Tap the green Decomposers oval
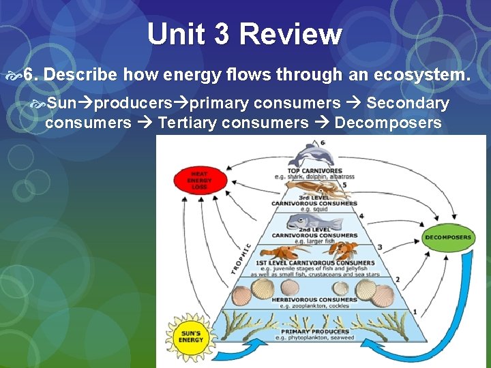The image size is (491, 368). coord(447,237)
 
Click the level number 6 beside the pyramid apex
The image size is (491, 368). coord(323,142)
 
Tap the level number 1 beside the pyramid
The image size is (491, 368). coord(415,311)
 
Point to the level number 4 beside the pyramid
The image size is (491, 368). coord(361,215)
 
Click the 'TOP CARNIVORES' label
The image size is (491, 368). coord(314,170)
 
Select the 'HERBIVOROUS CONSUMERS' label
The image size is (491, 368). coord(314,299)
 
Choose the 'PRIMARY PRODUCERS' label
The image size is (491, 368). coord(313,332)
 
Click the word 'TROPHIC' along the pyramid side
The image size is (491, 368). coord(243,259)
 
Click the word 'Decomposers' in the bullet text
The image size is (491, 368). coord(388,123)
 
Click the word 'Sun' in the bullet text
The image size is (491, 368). coord(61,104)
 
